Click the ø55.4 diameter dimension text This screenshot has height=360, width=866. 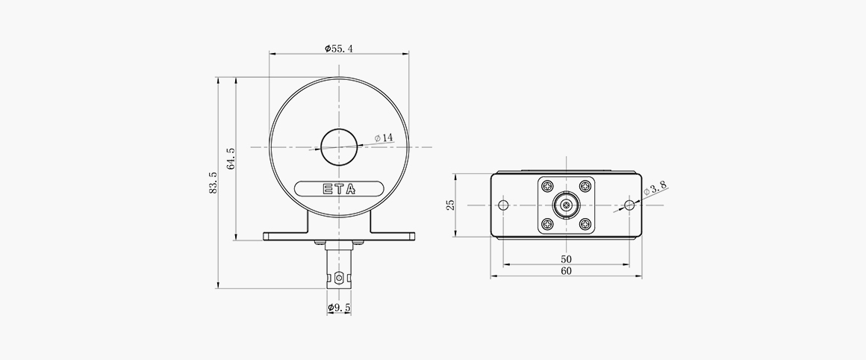(339, 49)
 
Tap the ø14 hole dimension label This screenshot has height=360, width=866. (384, 138)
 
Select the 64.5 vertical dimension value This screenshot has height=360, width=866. (231, 158)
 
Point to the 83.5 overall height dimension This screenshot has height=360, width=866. (213, 183)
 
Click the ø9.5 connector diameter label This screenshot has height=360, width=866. (339, 308)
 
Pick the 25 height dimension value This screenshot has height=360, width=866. (451, 205)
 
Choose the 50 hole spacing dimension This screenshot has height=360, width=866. (566, 258)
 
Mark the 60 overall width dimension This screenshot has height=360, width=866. (566, 271)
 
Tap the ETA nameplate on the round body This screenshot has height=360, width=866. (339, 188)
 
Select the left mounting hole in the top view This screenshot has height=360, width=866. (503, 205)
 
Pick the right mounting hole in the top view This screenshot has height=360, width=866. (629, 205)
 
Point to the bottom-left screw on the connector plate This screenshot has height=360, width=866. (549, 223)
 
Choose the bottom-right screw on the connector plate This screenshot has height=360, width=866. (584, 223)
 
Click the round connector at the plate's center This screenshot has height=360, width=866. (566, 205)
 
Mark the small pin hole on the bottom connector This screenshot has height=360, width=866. (340, 278)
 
